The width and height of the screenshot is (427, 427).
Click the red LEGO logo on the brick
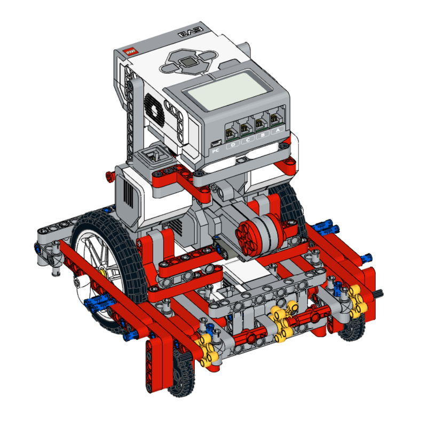(130, 52)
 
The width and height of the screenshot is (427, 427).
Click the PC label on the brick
(215, 151)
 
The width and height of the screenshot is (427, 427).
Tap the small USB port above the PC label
(215, 143)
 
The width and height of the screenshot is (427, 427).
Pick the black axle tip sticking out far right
(379, 292)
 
